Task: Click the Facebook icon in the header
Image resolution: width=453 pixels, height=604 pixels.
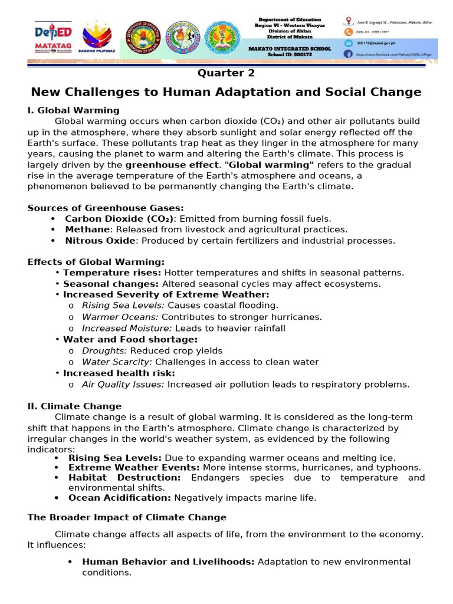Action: [348, 54]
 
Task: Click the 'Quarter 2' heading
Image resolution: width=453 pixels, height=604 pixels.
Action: [226, 73]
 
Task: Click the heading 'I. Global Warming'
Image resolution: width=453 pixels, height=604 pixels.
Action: [73, 110]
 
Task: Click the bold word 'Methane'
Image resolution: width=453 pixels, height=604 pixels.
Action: [87, 229]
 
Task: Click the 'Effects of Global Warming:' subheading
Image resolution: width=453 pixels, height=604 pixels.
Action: [96, 262]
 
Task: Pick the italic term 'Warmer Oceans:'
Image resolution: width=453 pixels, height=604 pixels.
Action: [117, 317]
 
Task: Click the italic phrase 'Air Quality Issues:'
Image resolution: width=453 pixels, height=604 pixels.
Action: [123, 385]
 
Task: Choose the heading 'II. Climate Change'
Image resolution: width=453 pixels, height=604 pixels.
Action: [74, 406]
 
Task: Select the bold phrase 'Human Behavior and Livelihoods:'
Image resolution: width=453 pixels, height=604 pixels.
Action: [168, 562]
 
